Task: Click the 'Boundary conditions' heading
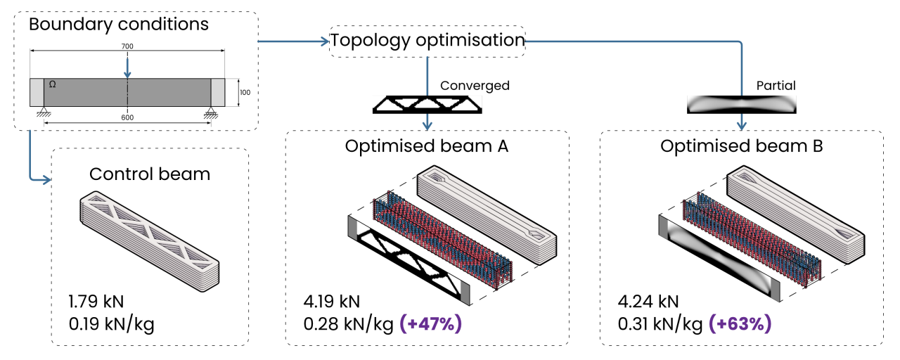[x=119, y=25]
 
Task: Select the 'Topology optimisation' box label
[x=427, y=41]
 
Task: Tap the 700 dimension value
[x=127, y=46]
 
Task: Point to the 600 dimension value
[x=127, y=117]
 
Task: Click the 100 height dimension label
[x=245, y=92]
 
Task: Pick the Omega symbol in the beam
[x=52, y=84]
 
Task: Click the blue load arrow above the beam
[x=127, y=68]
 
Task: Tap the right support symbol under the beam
[x=210, y=112]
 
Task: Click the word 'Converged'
[x=475, y=86]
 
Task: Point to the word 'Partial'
[x=776, y=86]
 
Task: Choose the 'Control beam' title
[x=150, y=174]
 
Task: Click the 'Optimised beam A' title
[x=427, y=146]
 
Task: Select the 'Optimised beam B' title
[x=742, y=146]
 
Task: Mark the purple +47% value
[x=431, y=324]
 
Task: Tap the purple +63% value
[x=740, y=324]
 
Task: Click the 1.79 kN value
[x=96, y=302]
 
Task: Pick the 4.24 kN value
[x=648, y=302]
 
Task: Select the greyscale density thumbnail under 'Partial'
[x=741, y=105]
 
